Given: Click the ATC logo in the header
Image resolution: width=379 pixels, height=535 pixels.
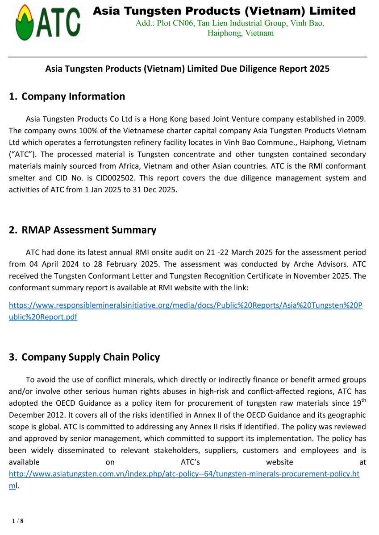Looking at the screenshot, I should (48, 22).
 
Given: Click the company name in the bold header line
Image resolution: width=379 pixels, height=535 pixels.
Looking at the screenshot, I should (224, 11).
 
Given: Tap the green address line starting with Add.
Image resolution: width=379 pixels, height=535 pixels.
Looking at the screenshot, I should (230, 23).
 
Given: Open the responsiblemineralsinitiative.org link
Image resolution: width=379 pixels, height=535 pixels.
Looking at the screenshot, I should (186, 306).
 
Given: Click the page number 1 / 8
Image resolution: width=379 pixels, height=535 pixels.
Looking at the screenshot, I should (18, 520).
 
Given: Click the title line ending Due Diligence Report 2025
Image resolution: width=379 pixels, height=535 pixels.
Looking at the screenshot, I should (187, 69).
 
